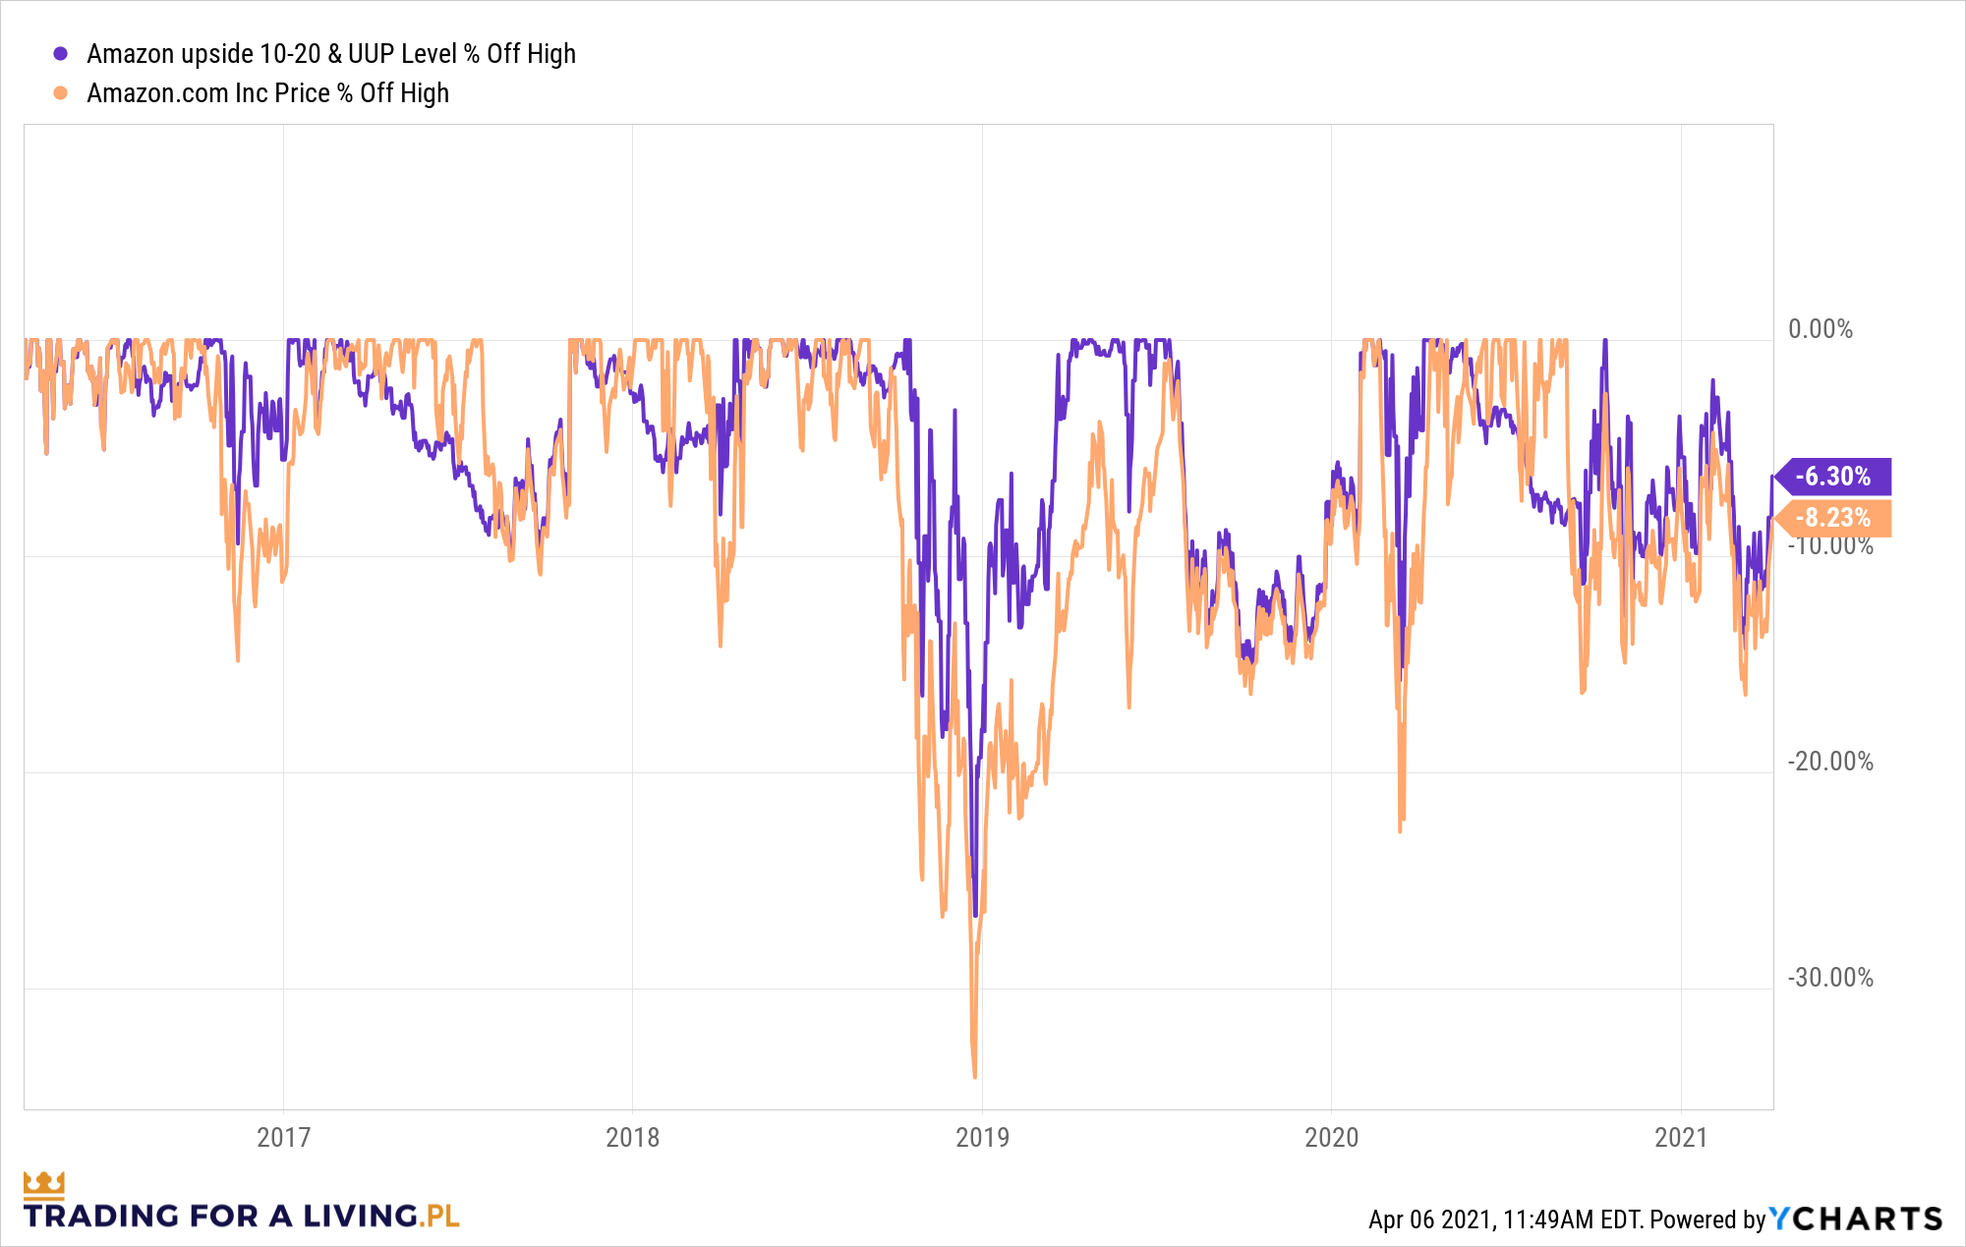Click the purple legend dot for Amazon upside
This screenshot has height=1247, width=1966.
[61, 54]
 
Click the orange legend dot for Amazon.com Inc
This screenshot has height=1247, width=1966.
[61, 93]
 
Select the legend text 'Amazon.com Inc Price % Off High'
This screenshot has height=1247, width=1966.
[267, 93]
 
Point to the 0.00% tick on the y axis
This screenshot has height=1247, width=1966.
[1820, 329]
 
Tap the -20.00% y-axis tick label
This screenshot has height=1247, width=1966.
[1829, 762]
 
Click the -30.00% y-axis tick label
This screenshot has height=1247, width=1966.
[1829, 978]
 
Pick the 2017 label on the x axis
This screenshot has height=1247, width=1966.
[283, 1137]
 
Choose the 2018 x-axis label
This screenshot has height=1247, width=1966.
[632, 1137]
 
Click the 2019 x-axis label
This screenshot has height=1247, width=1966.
[982, 1137]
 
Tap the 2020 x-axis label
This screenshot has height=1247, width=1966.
[1331, 1137]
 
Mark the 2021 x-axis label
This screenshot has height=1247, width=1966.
[1681, 1137]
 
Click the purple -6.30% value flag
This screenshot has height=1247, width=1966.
[1833, 477]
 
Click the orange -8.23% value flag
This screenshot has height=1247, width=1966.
[1833, 518]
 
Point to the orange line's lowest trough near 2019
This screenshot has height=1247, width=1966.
[974, 1075]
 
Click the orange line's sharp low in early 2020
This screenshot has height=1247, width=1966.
[1400, 829]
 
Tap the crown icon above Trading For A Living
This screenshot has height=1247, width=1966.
[43, 1184]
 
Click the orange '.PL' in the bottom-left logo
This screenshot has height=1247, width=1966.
[439, 1217]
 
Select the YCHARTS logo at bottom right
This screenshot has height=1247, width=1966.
[1856, 1219]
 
